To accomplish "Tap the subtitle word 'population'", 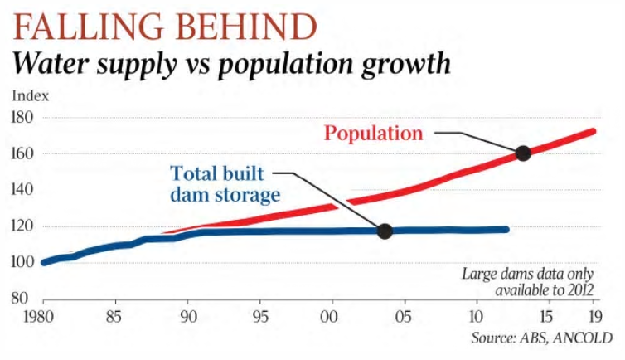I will (x=282, y=64).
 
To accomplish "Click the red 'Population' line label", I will (x=373, y=133).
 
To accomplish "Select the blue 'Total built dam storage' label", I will (x=219, y=185).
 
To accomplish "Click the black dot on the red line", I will (x=523, y=153).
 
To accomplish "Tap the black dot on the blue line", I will (x=385, y=231).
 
